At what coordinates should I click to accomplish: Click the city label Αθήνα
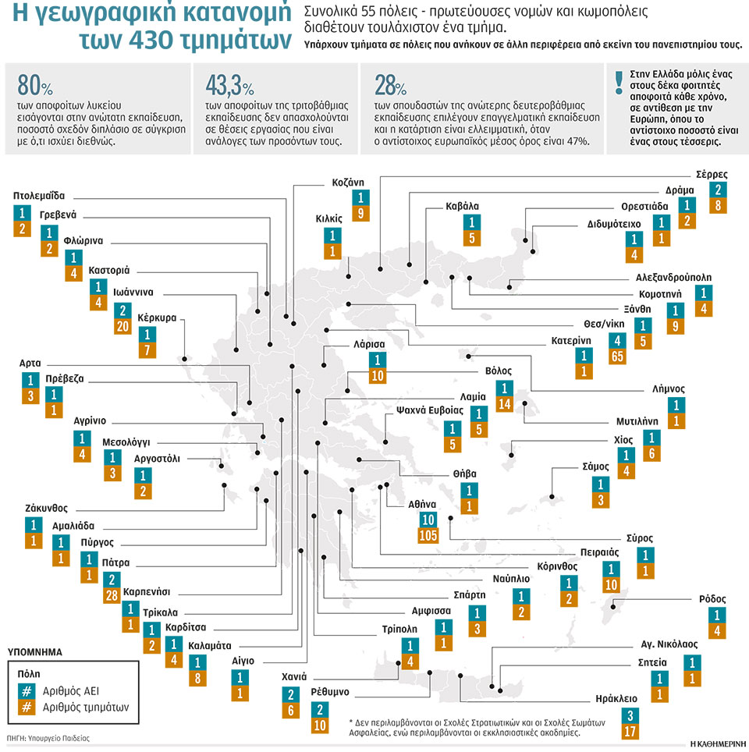[422, 505]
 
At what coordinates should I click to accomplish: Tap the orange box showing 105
[428, 535]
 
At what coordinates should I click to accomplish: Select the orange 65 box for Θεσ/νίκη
[617, 356]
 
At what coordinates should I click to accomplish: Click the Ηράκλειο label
[616, 699]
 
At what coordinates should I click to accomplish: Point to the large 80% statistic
[35, 85]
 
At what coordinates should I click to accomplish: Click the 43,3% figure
[229, 86]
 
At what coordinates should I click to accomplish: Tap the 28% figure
[390, 86]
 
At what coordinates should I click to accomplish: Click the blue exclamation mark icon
[619, 83]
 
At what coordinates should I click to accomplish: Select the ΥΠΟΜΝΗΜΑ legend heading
[35, 652]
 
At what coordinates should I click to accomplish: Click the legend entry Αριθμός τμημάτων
[86, 708]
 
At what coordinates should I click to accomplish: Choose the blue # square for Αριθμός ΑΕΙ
[27, 691]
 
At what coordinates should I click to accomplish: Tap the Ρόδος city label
[712, 599]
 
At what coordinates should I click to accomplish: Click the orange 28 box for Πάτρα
[112, 596]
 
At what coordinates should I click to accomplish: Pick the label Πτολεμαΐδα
[39, 196]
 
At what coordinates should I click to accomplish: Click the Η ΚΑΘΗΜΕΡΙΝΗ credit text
[717, 744]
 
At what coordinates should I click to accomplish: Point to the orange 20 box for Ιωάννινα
[122, 327]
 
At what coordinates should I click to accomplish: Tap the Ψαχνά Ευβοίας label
[430, 410]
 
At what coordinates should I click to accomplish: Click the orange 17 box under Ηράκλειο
[630, 732]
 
